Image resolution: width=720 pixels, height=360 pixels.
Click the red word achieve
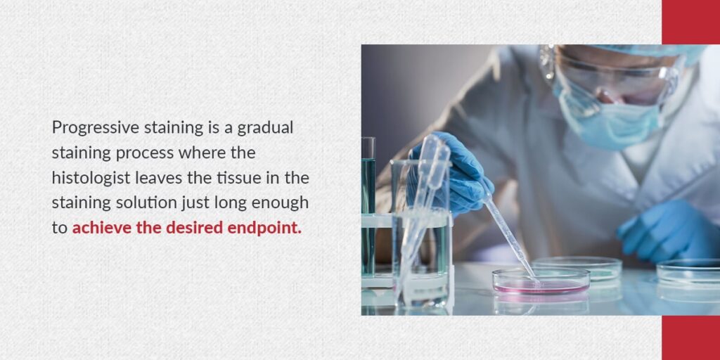click(x=99, y=229)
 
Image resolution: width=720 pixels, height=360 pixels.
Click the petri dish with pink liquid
click(x=541, y=281)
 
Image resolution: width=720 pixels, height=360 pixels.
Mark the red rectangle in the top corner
click(x=690, y=22)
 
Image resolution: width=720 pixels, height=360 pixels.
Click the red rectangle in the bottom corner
click(x=690, y=337)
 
